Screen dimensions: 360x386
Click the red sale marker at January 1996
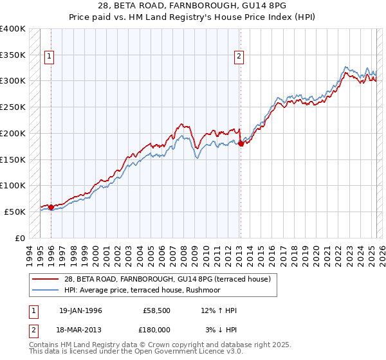51,207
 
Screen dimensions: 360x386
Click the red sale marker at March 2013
241,143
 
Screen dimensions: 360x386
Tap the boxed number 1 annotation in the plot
50,57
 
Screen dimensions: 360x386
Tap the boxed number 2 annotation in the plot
239,57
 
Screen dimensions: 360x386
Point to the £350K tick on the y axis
13,55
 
